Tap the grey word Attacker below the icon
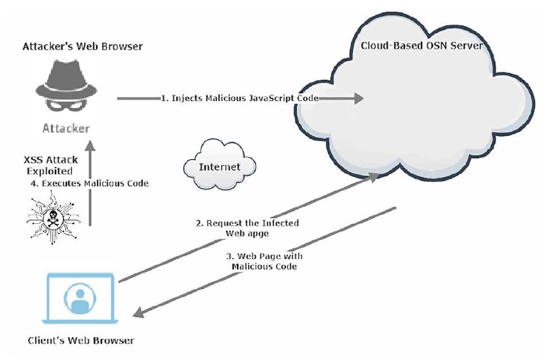pos(66,128)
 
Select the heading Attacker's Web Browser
pos(82,46)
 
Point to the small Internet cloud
pos(219,167)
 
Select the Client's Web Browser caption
pos(81,341)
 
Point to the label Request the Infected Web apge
pos(247,228)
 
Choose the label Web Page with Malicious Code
pos(264,262)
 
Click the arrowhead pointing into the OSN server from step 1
pos(358,98)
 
